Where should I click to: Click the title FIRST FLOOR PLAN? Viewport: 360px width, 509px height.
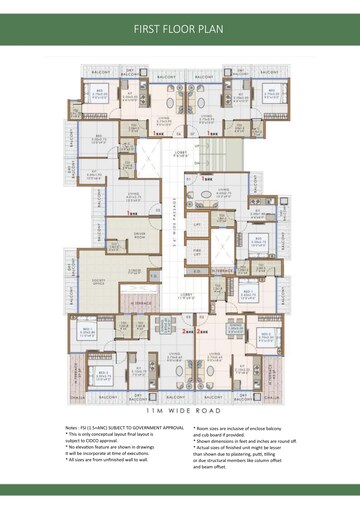pyautogui.click(x=180, y=30)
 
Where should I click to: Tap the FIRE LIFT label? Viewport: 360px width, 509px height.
pyautogui.click(x=199, y=248)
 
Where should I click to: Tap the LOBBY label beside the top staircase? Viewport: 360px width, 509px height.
pyautogui.click(x=181, y=153)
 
